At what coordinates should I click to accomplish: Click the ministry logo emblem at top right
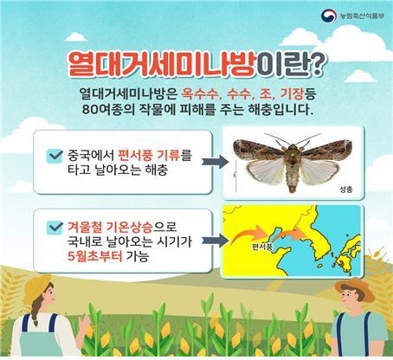329,16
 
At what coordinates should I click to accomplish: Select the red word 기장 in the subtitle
293,93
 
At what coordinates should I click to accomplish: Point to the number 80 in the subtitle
90,110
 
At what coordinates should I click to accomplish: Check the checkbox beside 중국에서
55,156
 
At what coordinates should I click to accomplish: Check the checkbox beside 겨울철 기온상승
55,228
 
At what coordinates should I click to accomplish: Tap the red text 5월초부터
95,256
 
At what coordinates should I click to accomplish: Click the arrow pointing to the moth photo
215,162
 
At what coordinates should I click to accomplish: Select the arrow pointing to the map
215,241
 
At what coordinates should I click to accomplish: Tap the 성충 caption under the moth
346,190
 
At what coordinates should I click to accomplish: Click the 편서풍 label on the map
262,247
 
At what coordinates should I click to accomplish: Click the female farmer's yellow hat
36,288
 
